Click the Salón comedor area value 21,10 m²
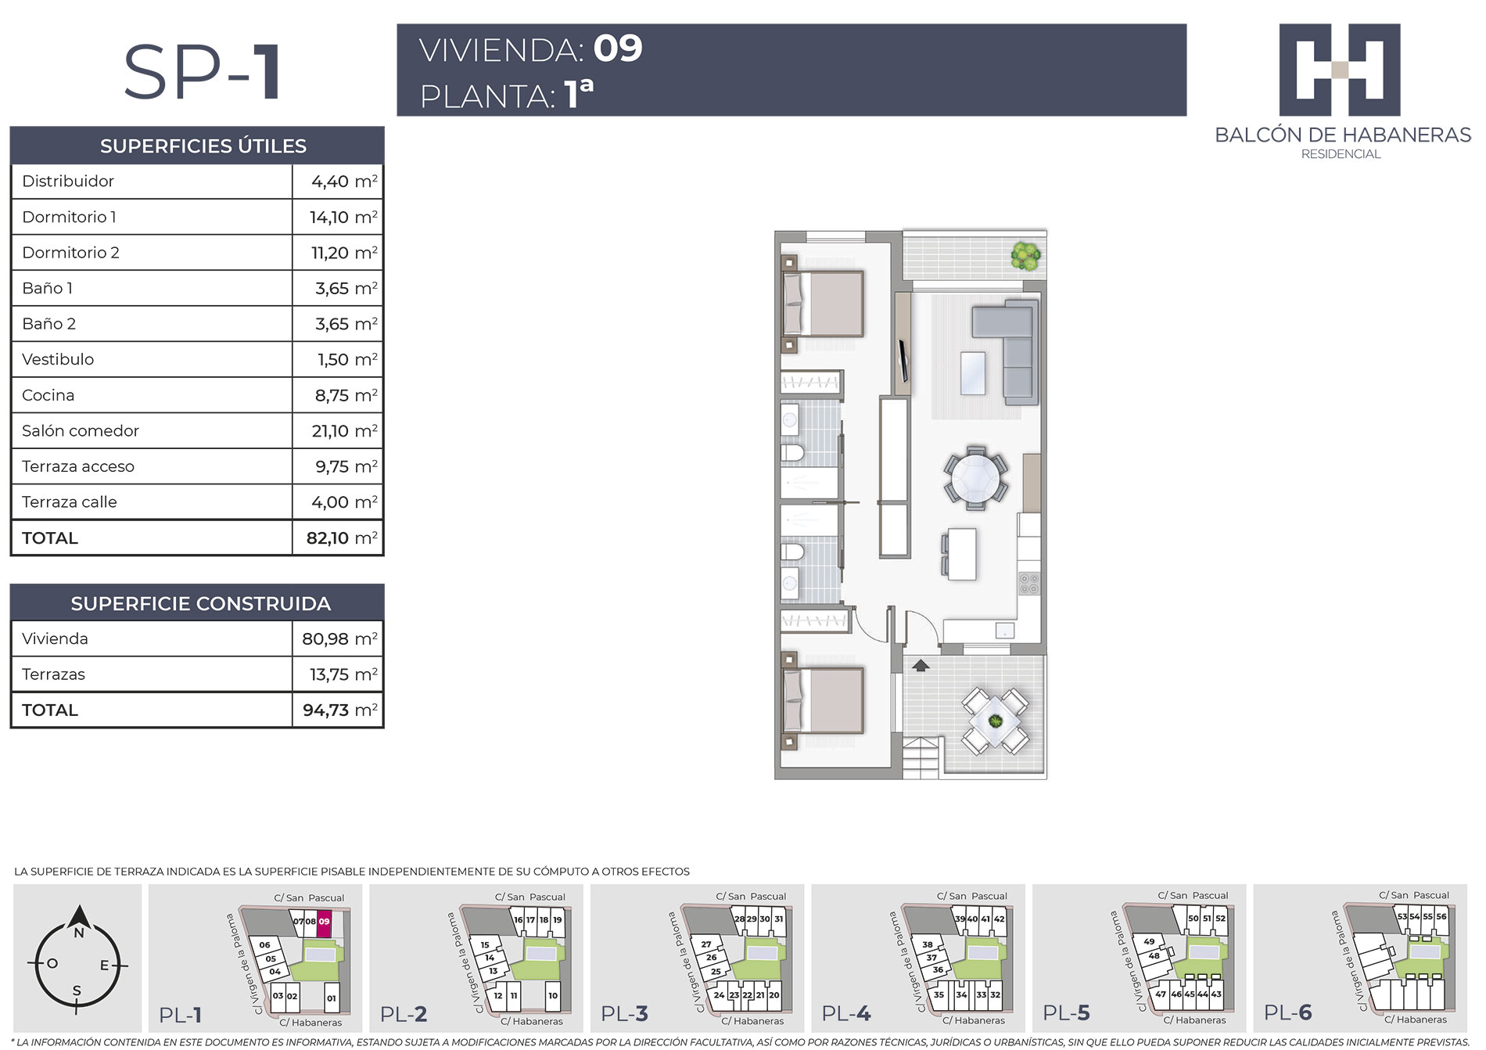point(344,430)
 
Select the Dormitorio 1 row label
point(69,217)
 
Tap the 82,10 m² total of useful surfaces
point(342,538)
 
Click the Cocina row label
point(48,395)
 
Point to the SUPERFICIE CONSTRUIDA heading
point(201,603)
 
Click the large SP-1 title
point(203,72)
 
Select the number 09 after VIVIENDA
point(618,49)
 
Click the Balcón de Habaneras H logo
point(1340,70)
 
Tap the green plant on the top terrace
point(1025,255)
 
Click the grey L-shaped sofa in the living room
point(1006,351)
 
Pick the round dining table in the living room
point(975,477)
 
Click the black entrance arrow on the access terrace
point(921,665)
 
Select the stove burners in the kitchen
point(1028,584)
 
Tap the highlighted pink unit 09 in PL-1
point(324,922)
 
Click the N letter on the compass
point(78,933)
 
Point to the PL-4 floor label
point(846,1013)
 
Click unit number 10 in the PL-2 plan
point(553,995)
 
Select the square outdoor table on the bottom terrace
point(995,721)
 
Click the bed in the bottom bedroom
point(824,701)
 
